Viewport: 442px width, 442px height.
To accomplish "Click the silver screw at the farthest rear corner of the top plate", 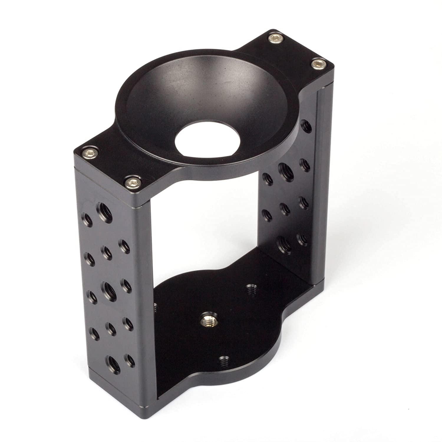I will click(x=275, y=37).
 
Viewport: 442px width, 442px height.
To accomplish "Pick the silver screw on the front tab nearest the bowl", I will click(x=132, y=183).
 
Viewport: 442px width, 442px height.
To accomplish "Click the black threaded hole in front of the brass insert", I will click(x=224, y=361).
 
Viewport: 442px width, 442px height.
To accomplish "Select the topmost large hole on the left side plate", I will click(x=105, y=212).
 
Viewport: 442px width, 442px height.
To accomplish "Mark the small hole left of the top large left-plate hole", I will click(x=88, y=219).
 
